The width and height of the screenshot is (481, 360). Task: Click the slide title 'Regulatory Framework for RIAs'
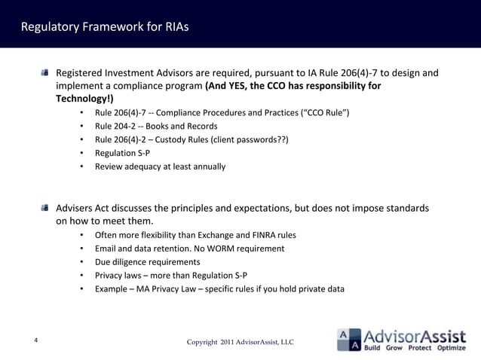pyautogui.click(x=105, y=28)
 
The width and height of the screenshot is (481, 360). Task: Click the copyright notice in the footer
pyautogui.click(x=240, y=343)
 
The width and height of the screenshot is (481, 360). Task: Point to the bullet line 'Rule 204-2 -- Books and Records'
pyautogui.click(x=156, y=126)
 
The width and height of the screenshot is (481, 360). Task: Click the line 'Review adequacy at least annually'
pyautogui.click(x=160, y=166)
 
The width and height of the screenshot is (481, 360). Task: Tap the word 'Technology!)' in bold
pyautogui.click(x=84, y=99)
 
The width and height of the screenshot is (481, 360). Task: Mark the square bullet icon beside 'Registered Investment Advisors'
pyautogui.click(x=46, y=73)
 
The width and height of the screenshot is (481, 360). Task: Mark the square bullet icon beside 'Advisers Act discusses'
pyautogui.click(x=46, y=208)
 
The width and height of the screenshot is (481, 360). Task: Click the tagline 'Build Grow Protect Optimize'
pyautogui.click(x=415, y=349)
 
